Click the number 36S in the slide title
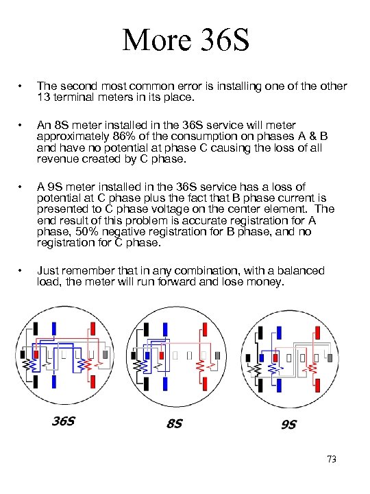225,40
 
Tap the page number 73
332,459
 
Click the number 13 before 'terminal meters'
43,97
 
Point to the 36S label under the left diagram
64,421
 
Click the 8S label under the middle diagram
175,423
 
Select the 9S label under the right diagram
289,425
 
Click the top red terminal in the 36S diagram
92,329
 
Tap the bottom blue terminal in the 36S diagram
54,382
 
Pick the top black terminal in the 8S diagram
147,329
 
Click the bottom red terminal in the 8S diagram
205,384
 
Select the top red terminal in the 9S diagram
317,333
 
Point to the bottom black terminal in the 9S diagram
260,386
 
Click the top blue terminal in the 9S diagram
279,333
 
